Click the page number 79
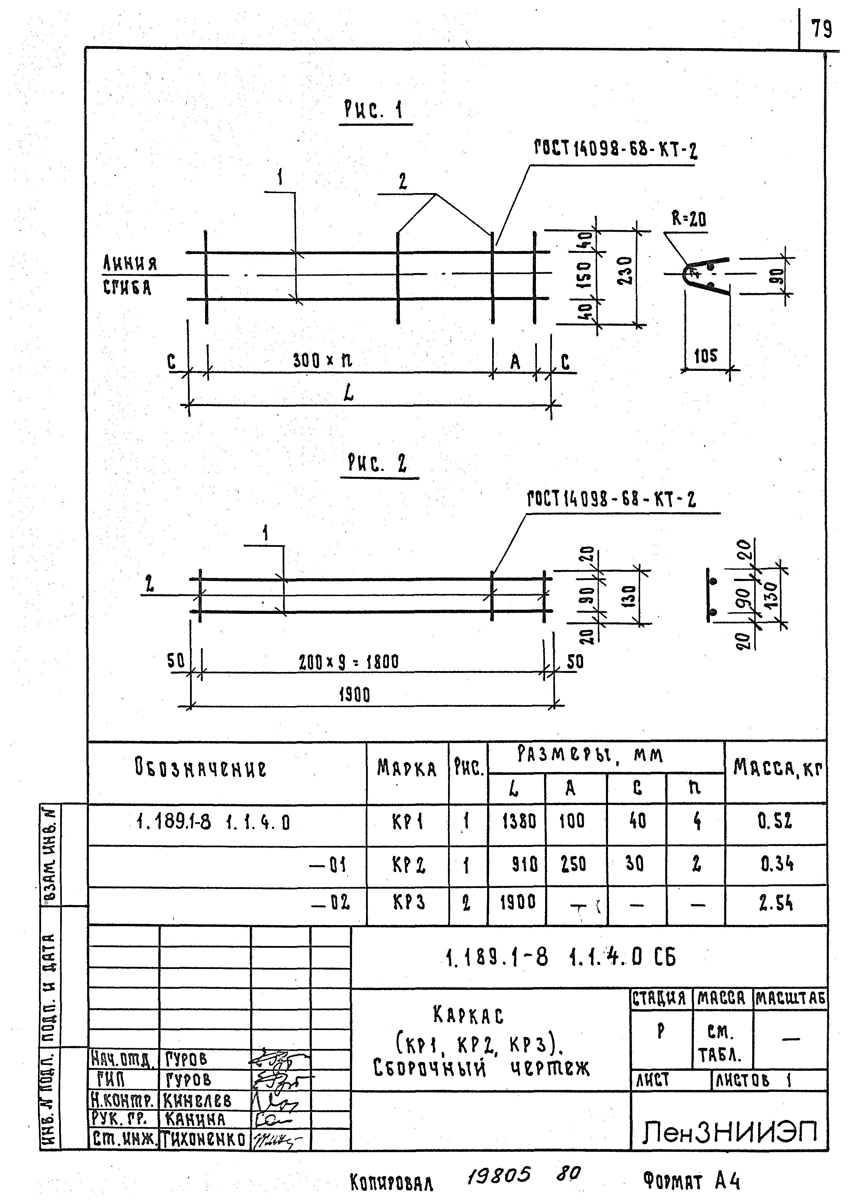(x=821, y=28)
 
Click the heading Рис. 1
(x=374, y=110)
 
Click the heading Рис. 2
(x=377, y=463)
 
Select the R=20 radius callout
(x=689, y=218)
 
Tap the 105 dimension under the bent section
(x=705, y=356)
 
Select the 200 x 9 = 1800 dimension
(x=349, y=662)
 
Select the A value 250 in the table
(x=573, y=864)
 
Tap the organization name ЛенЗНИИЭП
(x=729, y=1133)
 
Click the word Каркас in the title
(x=469, y=1015)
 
